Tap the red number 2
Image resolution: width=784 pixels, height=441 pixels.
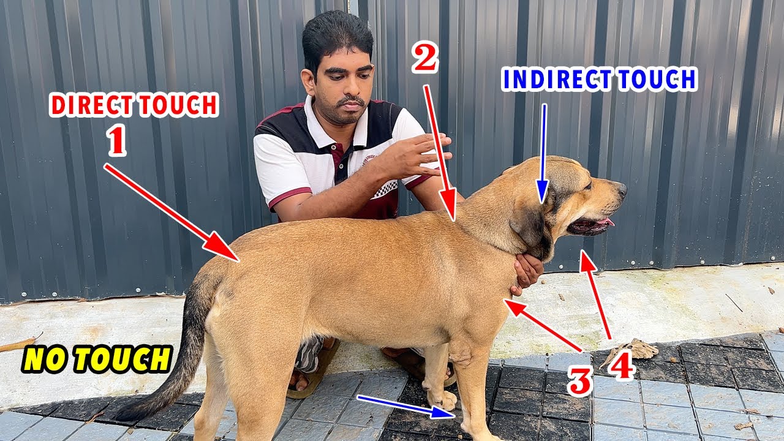(424, 60)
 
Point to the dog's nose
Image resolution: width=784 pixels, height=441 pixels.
(621, 188)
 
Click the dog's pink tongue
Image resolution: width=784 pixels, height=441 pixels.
(605, 222)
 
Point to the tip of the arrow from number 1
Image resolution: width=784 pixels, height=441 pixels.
(235, 257)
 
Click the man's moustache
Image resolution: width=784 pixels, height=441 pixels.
(352, 100)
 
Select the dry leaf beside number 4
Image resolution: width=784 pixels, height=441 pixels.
(640, 350)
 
